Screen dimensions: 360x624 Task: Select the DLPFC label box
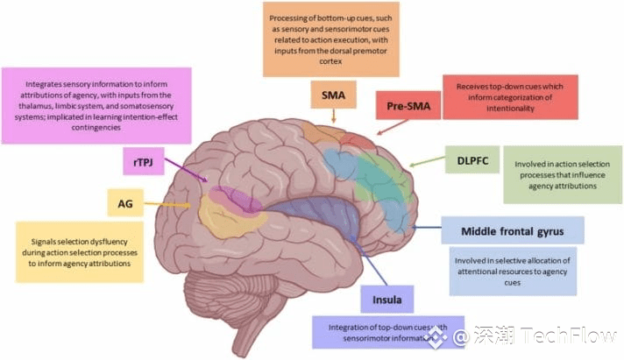click(x=472, y=159)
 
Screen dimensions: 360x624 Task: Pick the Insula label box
click(x=386, y=300)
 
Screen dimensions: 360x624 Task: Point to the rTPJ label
click(x=143, y=161)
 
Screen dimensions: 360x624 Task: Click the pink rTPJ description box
click(x=97, y=104)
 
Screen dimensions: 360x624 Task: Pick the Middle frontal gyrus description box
click(x=514, y=272)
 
